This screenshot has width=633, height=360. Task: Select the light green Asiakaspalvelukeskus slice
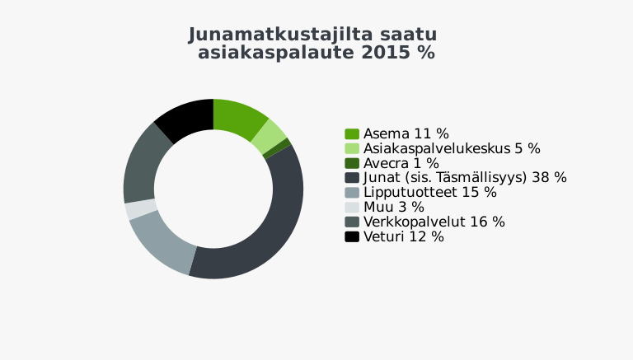coord(270,137)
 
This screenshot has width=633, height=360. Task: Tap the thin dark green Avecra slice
coord(277,148)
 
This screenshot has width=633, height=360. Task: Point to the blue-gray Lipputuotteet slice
coord(162,242)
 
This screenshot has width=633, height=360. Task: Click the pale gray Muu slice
coord(140,209)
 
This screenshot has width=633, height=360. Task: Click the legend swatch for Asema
coord(352,134)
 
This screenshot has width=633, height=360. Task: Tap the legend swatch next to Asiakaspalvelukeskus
coord(352,148)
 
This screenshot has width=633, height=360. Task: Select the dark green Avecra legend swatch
coord(352,163)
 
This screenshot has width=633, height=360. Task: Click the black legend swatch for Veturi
coord(352,237)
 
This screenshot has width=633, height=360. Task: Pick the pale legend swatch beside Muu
coord(352,208)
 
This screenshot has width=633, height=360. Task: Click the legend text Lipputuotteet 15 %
coord(430,193)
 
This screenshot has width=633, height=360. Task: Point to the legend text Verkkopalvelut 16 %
coord(434,222)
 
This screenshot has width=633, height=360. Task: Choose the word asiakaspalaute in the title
coord(277,54)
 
